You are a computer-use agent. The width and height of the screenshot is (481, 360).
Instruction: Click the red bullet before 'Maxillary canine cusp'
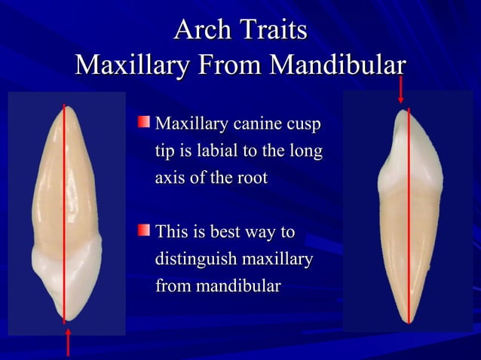tap(143, 121)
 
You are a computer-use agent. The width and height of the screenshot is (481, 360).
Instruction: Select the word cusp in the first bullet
tap(304, 124)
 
